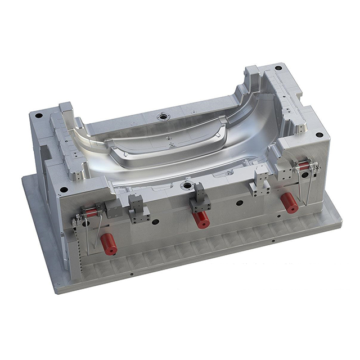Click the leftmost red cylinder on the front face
pyautogui.click(x=109, y=244)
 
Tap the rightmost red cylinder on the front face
pyautogui.click(x=290, y=202)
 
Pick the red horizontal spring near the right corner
pyautogui.click(x=304, y=165)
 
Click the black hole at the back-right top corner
pyautogui.click(x=278, y=68)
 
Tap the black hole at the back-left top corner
pyautogui.click(x=38, y=116)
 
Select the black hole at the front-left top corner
pyautogui.click(x=64, y=190)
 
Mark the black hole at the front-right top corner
pyautogui.click(x=319, y=135)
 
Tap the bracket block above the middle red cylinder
pyautogui.click(x=199, y=197)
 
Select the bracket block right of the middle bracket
pyautogui.click(x=261, y=179)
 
